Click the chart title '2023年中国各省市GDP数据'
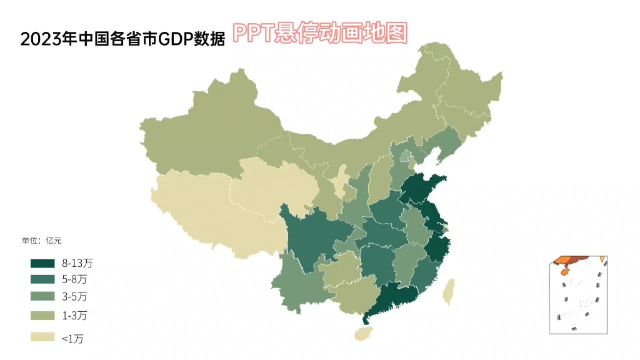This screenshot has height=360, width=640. [122, 39]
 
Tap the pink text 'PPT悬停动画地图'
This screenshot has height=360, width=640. [320, 32]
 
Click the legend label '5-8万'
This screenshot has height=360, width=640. [74, 279]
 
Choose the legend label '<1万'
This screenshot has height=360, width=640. [72, 338]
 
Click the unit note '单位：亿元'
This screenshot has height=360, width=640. [42, 240]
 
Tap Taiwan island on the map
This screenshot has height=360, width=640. [449, 291]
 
